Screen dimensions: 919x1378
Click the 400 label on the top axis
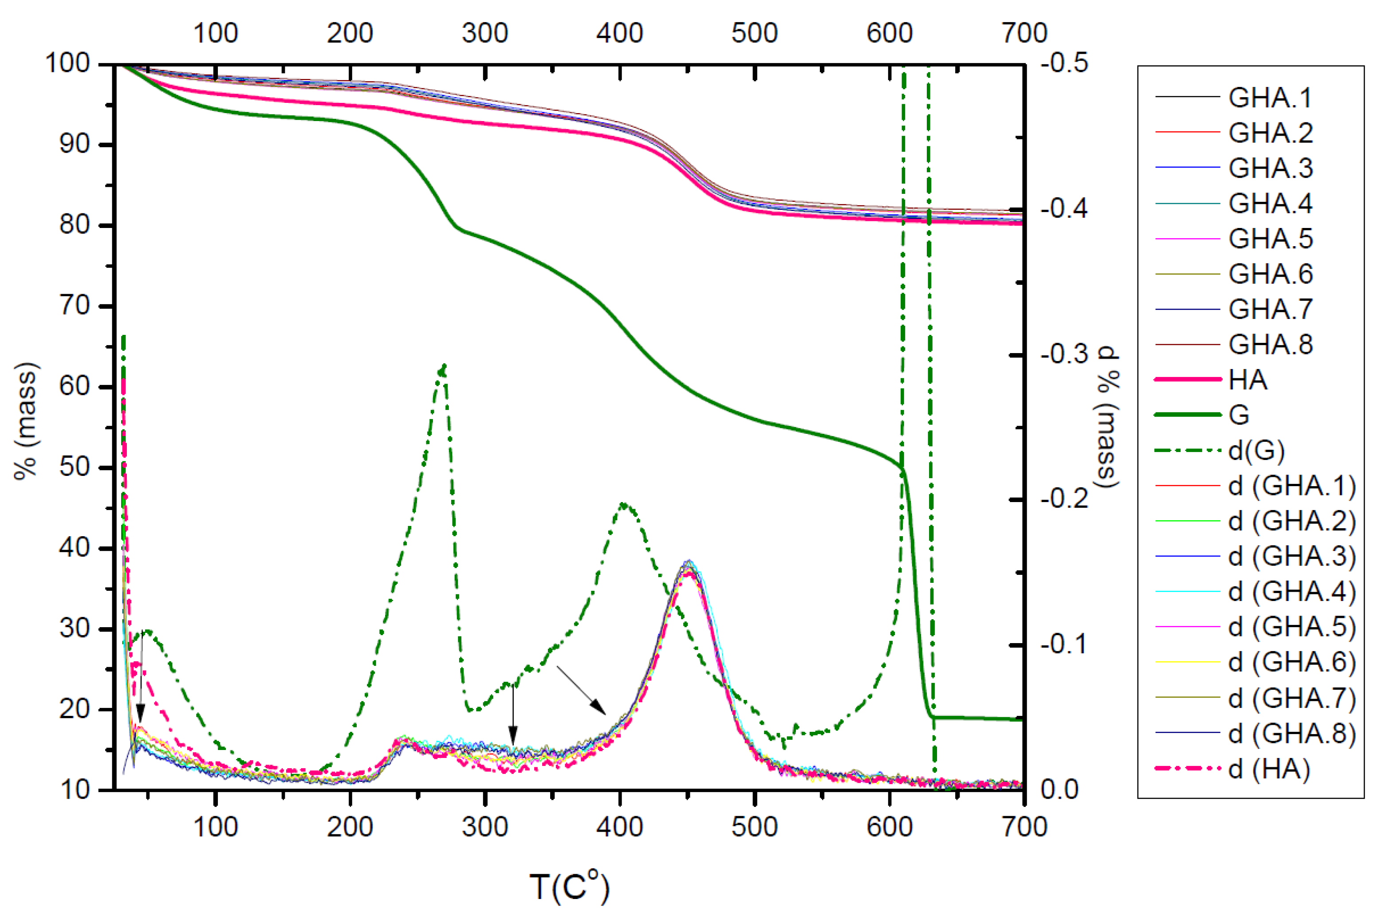click(619, 33)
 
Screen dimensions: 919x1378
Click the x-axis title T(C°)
click(569, 887)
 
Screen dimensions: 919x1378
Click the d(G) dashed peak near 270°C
click(444, 367)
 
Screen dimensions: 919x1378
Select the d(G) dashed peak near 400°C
click(623, 504)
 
